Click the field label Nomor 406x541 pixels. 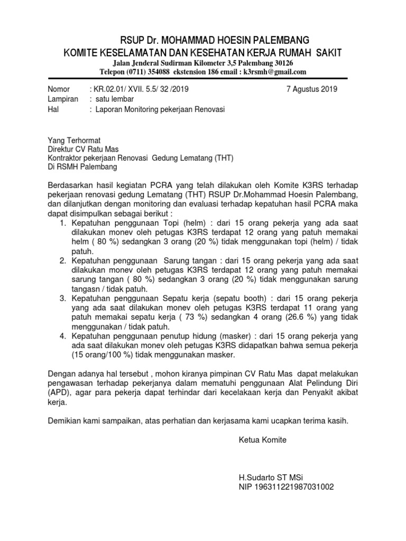[59, 89]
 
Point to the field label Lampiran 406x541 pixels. [63, 99]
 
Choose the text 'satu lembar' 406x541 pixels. [115, 99]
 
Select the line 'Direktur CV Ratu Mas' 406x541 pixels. [83, 149]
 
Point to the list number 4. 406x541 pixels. [62, 336]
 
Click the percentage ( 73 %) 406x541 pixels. [164, 317]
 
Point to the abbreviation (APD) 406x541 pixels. [59, 393]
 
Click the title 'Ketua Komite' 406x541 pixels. [262, 440]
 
